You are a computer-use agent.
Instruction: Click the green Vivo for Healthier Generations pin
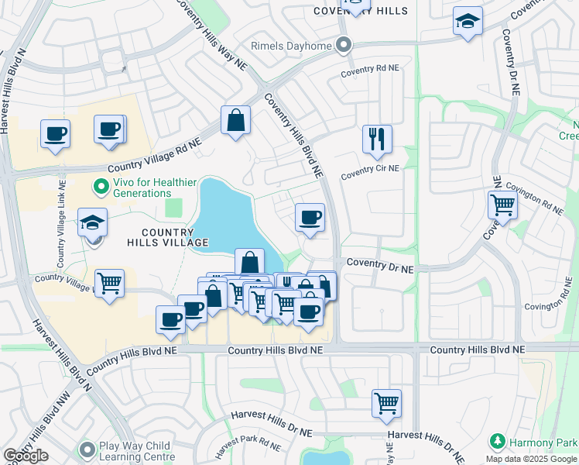(x=100, y=186)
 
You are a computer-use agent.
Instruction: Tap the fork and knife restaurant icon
(x=377, y=140)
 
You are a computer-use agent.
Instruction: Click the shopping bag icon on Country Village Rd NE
(x=235, y=121)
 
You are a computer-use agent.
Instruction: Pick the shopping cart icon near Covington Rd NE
(x=502, y=206)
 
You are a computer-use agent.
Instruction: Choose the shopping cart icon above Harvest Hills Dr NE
(x=386, y=404)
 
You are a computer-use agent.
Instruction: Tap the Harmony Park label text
(x=542, y=442)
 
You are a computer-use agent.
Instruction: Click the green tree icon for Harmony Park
(x=498, y=442)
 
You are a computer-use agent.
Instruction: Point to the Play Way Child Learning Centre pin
(x=87, y=449)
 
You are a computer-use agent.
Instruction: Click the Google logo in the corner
(x=26, y=456)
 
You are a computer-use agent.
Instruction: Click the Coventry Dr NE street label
(x=380, y=265)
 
